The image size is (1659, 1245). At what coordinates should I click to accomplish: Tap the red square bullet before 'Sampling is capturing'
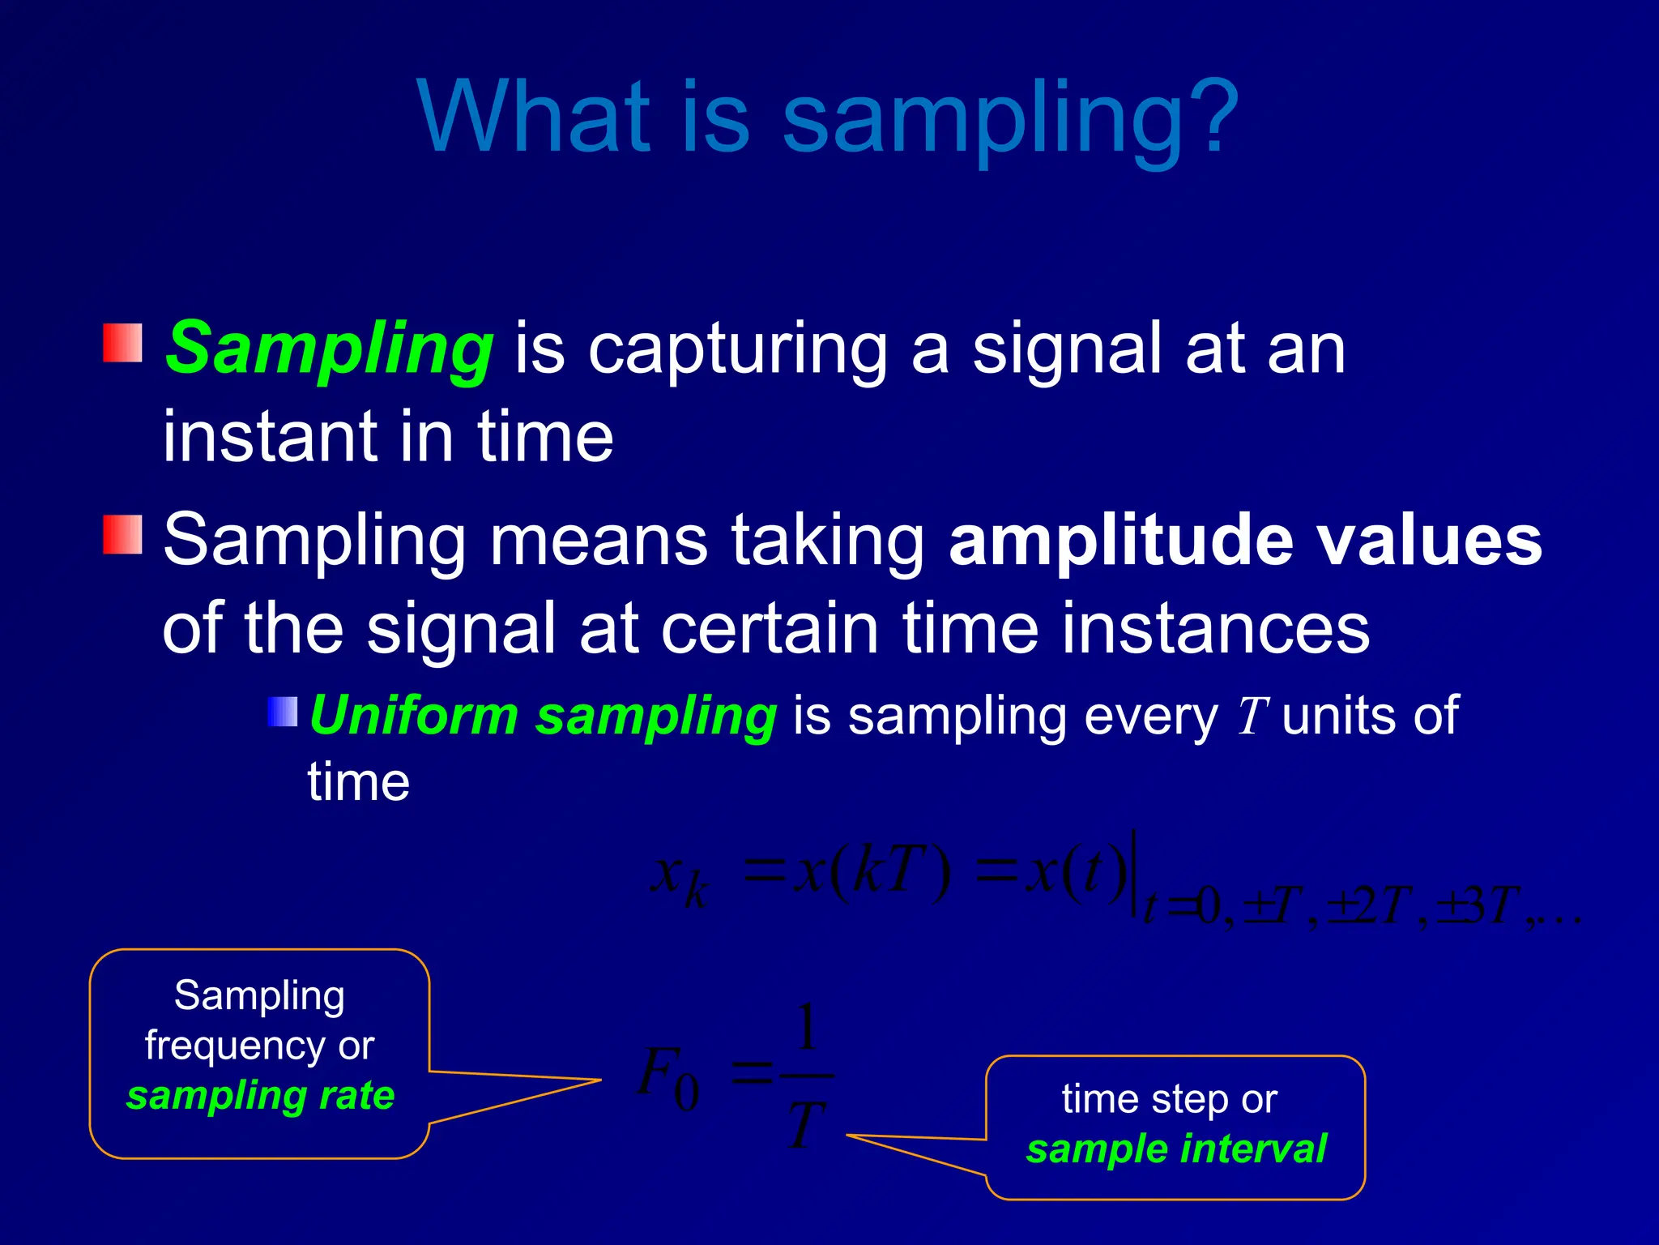[122, 343]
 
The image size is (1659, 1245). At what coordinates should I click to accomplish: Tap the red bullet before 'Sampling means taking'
[122, 534]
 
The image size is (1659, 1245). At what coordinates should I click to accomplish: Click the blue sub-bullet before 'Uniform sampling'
[283, 712]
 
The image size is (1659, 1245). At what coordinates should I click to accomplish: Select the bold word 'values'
[1430, 541]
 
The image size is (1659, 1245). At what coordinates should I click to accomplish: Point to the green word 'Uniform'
[413, 717]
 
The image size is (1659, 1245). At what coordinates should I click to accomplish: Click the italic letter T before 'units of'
[1252, 717]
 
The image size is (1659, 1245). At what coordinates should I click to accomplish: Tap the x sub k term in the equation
[680, 880]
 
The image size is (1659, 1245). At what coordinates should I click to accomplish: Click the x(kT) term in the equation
[871, 875]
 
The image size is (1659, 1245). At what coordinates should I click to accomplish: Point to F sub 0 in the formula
[667, 1078]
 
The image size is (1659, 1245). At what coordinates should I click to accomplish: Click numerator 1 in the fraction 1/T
[806, 1029]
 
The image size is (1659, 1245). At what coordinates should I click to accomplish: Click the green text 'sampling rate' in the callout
[260, 1096]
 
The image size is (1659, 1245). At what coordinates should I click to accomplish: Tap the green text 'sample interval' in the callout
[1176, 1149]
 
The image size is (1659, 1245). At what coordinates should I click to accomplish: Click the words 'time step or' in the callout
[1169, 1100]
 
